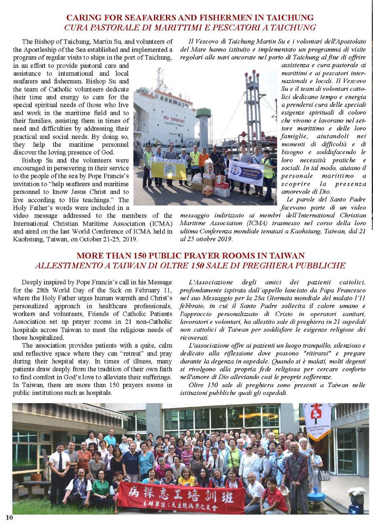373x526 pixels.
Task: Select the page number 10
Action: tap(9, 517)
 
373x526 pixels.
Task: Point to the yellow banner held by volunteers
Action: tap(168, 169)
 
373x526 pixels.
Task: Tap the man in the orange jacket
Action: tap(204, 161)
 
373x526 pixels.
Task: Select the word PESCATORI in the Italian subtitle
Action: tap(225, 28)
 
